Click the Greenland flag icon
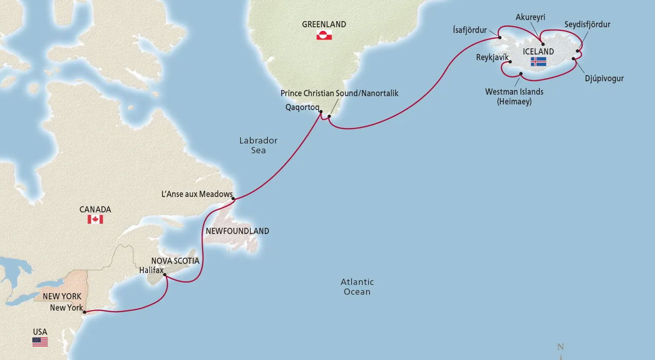(324, 35)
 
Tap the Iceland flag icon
(538, 62)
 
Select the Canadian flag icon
(95, 220)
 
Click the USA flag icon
(40, 342)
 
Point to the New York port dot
(85, 312)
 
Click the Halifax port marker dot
(165, 275)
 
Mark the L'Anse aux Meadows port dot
(233, 199)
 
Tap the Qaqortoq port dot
(320, 112)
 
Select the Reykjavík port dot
(510, 63)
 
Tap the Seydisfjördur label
(587, 24)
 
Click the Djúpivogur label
(604, 79)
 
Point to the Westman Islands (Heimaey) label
(514, 97)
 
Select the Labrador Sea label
(258, 145)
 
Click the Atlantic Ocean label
(357, 286)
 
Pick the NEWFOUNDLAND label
(237, 231)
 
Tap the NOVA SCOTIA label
(175, 261)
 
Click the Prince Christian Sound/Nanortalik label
(339, 93)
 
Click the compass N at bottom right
(561, 347)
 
